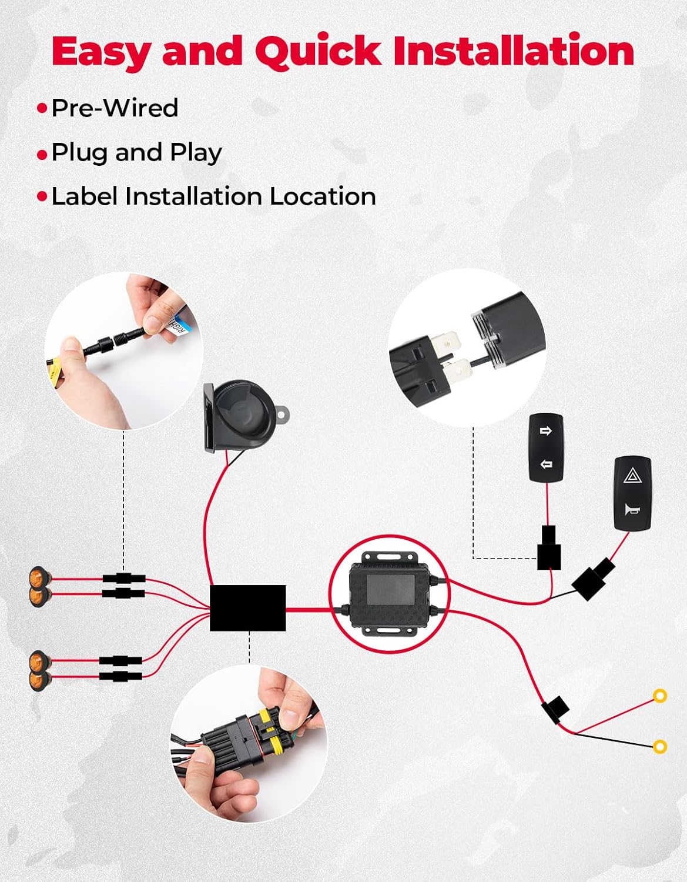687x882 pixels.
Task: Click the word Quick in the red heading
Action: (x=319, y=52)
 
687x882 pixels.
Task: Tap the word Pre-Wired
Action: (x=115, y=108)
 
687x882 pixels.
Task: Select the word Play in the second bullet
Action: (x=196, y=153)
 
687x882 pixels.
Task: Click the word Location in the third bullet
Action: (x=323, y=196)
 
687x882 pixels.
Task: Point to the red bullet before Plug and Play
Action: (x=42, y=155)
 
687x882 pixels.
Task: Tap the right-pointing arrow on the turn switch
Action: (x=546, y=431)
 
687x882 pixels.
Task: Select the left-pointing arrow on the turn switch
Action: (x=546, y=463)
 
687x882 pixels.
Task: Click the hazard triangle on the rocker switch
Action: (x=632, y=475)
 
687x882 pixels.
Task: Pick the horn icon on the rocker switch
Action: (x=632, y=510)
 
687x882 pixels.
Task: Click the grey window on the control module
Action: (x=391, y=589)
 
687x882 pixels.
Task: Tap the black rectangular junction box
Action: (x=247, y=608)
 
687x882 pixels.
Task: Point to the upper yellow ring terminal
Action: (x=660, y=696)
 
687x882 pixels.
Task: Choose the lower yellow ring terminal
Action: (x=660, y=746)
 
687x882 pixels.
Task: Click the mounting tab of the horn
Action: (x=283, y=415)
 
